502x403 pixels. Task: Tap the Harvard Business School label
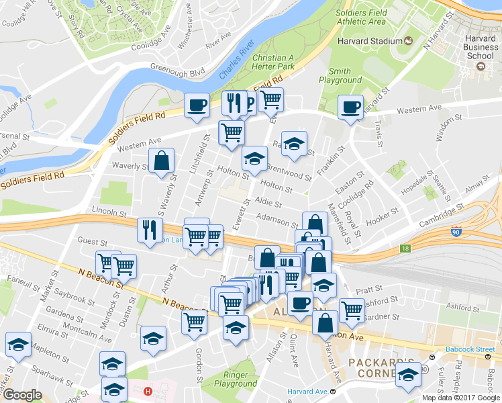point(479,48)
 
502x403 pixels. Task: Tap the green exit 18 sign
point(405,249)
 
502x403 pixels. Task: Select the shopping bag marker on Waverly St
point(162,161)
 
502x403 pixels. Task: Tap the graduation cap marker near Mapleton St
point(18,345)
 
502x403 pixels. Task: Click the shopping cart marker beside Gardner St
point(352,310)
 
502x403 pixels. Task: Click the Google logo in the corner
point(21,395)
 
